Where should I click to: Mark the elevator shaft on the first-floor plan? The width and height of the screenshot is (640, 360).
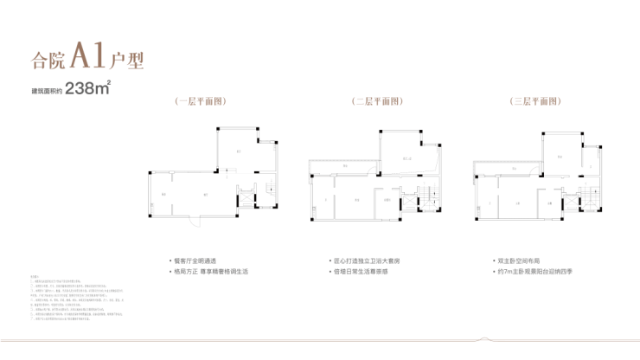pos(244,194)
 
